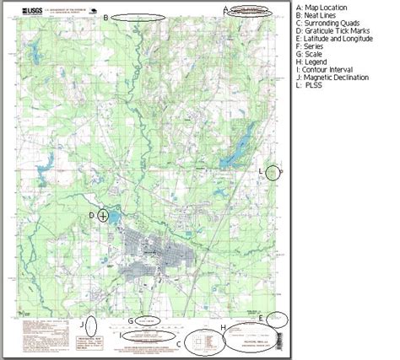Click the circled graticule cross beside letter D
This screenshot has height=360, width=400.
pyautogui.click(x=103, y=215)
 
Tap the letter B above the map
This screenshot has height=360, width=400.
pyautogui.click(x=105, y=17)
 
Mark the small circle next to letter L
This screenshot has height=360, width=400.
pyautogui.click(x=273, y=172)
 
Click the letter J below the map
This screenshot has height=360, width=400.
pyautogui.click(x=82, y=325)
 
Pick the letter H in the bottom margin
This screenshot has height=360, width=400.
pyautogui.click(x=221, y=327)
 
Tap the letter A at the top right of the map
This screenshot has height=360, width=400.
pyautogui.click(x=225, y=9)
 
